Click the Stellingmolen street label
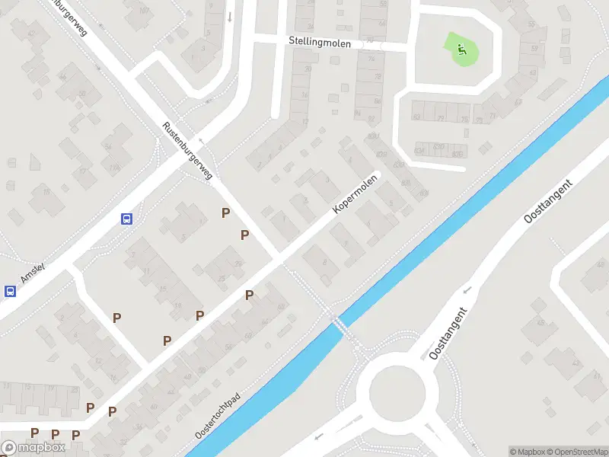click(x=320, y=43)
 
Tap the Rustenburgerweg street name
click(x=187, y=151)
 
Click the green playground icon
click(x=461, y=50)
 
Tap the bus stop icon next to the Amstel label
click(x=11, y=291)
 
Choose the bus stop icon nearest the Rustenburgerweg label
click(x=126, y=219)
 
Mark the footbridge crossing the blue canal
click(x=340, y=324)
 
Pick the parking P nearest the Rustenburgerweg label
click(x=225, y=213)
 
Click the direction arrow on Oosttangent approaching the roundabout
click(x=467, y=290)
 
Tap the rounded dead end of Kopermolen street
click(x=376, y=177)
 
